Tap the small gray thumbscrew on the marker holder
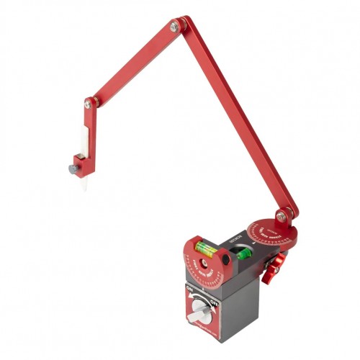click(72, 170)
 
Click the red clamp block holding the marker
click(82, 163)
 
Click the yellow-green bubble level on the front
click(207, 251)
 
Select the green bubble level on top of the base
click(244, 253)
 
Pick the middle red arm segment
click(132, 64)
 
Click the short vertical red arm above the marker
click(86, 130)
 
